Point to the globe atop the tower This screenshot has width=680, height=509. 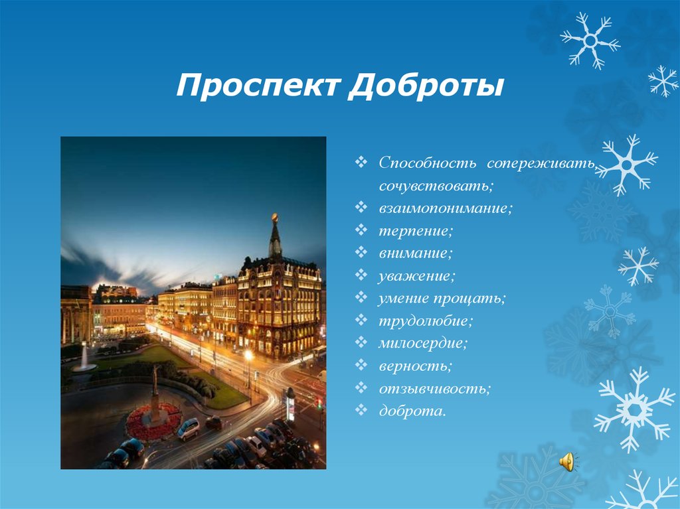[275, 218]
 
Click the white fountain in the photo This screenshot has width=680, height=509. [84, 359]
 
